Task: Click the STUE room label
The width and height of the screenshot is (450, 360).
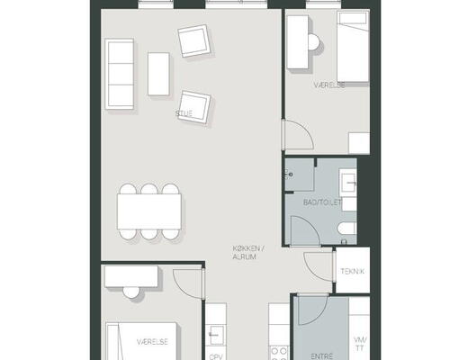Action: (184, 113)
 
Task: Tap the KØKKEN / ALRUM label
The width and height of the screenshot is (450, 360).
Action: (247, 253)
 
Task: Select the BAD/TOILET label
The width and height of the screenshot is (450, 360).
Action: (322, 202)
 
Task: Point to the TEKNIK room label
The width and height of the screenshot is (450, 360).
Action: (353, 271)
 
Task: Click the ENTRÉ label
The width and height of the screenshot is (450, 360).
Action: (322, 356)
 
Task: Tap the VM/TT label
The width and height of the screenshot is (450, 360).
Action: (360, 344)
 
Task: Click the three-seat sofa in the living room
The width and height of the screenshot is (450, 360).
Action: (120, 74)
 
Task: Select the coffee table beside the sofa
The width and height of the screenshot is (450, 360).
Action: (158, 74)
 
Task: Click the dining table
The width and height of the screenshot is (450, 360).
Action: (149, 211)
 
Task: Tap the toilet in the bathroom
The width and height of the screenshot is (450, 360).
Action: (347, 229)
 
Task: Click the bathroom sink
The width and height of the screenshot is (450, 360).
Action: (348, 182)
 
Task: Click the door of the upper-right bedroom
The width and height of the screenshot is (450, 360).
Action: (298, 134)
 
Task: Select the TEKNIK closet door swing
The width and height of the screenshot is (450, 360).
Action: (319, 266)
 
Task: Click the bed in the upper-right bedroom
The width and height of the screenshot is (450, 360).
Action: (353, 46)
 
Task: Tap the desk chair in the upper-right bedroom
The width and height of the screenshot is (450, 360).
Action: (314, 42)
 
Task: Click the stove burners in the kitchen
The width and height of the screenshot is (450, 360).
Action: (279, 353)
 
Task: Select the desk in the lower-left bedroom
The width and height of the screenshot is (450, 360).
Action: (131, 276)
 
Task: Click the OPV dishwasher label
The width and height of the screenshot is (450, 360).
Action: (216, 357)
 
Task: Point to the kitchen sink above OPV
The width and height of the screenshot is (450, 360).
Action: (216, 335)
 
